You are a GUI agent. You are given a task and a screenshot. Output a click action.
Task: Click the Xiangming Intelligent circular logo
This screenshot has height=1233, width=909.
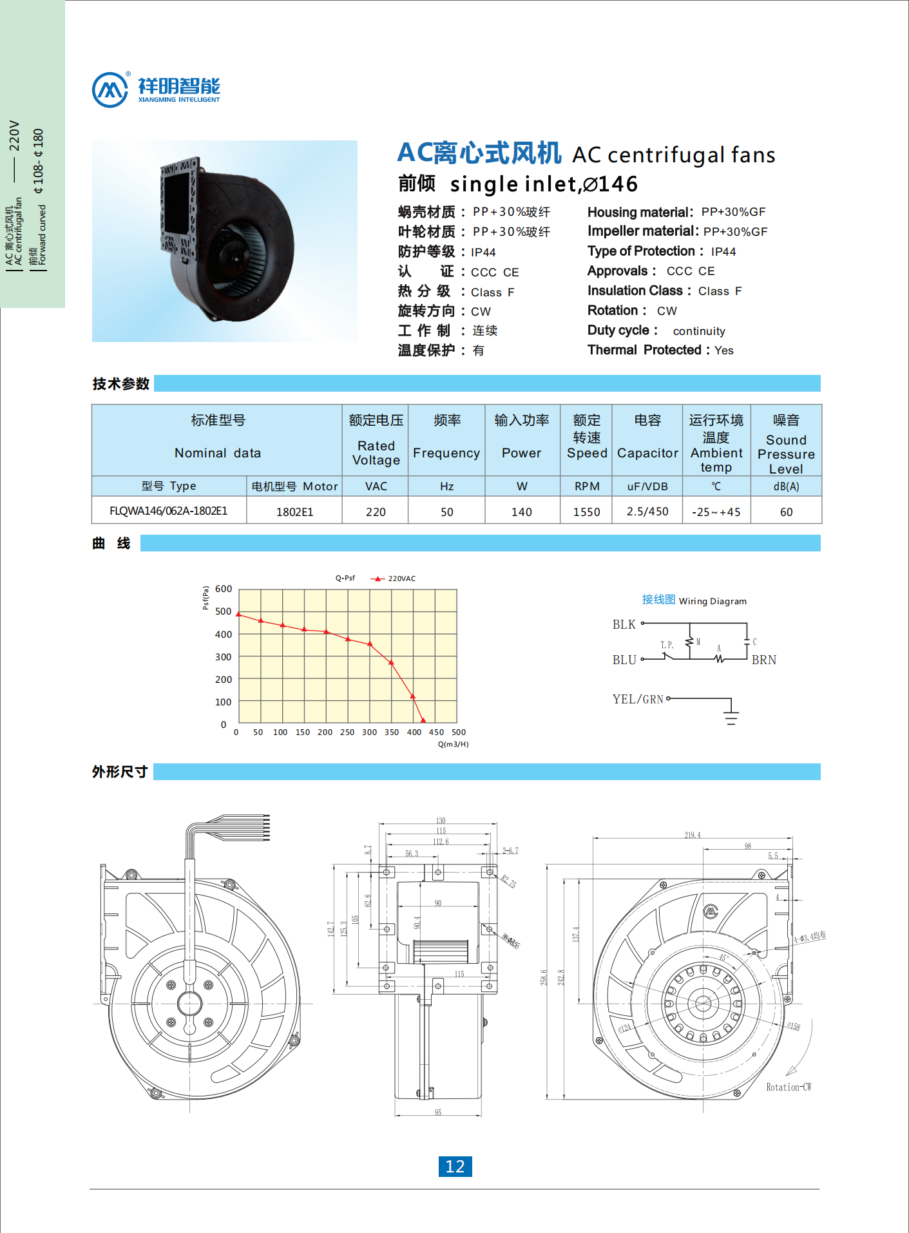(x=110, y=90)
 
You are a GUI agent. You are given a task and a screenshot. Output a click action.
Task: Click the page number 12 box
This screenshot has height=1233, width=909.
(x=455, y=1166)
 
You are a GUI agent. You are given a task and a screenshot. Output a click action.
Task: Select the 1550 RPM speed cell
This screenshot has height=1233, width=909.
(x=586, y=511)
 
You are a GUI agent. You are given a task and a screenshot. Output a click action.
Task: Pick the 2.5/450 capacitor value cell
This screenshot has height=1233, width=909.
(x=647, y=511)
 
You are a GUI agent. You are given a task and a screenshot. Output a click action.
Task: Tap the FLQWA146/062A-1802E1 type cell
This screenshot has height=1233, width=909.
(x=169, y=511)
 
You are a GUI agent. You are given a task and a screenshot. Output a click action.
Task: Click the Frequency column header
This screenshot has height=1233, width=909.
(x=446, y=452)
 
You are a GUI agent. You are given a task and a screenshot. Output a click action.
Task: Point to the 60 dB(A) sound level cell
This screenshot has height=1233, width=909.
(x=786, y=511)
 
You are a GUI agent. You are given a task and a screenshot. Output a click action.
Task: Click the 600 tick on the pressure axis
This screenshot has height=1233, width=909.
(x=224, y=589)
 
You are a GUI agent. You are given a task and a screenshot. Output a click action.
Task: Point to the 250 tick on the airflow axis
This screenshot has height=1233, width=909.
(x=347, y=732)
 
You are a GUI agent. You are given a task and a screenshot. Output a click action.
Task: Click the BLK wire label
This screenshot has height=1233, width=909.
(x=624, y=624)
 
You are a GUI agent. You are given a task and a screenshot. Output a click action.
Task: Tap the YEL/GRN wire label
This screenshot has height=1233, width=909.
(x=638, y=699)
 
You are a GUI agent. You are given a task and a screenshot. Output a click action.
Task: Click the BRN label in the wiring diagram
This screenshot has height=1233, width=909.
(x=764, y=660)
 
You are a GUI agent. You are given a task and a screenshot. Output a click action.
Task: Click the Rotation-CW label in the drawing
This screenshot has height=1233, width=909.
(x=789, y=1087)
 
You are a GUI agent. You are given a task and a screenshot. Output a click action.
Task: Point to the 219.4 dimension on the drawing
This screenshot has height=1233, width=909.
(x=693, y=835)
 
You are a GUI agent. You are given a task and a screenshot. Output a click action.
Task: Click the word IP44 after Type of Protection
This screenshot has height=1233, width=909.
(x=723, y=252)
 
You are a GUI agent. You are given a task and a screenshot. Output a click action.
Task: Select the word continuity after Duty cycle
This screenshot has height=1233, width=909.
(x=699, y=331)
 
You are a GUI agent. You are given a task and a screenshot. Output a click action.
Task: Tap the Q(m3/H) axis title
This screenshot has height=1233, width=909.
(x=453, y=744)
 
